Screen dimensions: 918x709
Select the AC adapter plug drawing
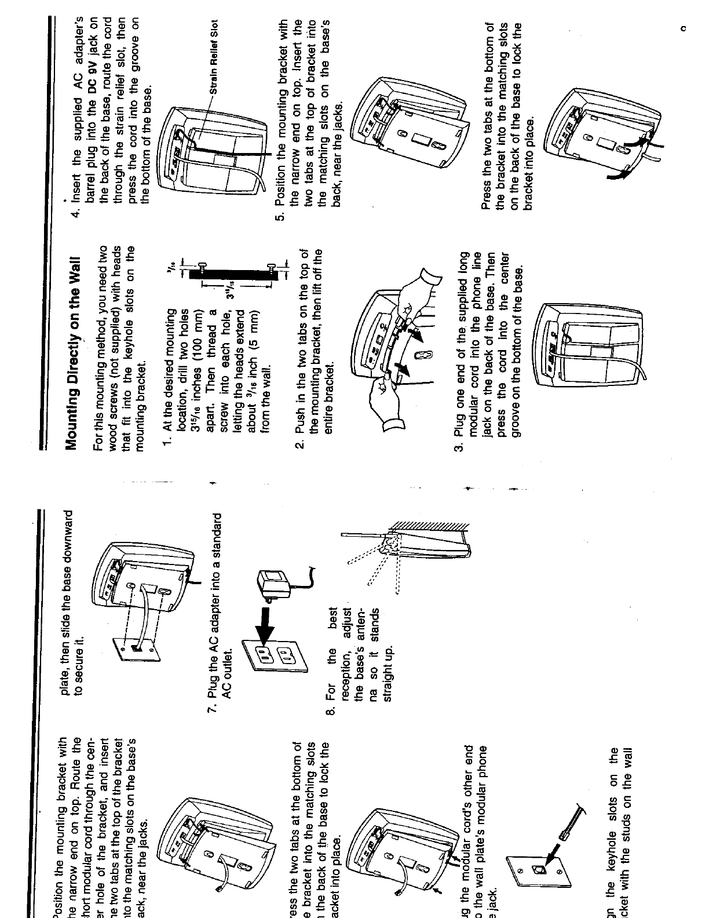(273, 580)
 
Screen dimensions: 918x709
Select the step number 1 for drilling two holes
(167, 442)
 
